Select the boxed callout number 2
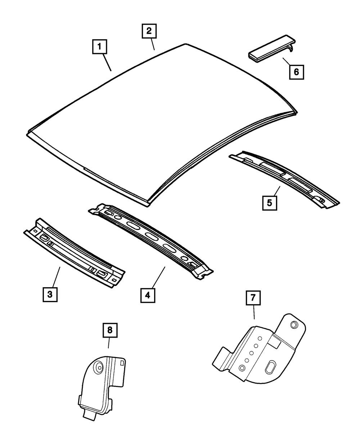(x=148, y=31)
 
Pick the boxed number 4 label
(x=148, y=295)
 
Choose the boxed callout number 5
(x=269, y=202)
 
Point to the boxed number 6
(x=296, y=72)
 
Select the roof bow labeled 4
(x=151, y=239)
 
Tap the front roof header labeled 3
(x=74, y=252)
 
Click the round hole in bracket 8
(x=98, y=367)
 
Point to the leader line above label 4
(x=158, y=277)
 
